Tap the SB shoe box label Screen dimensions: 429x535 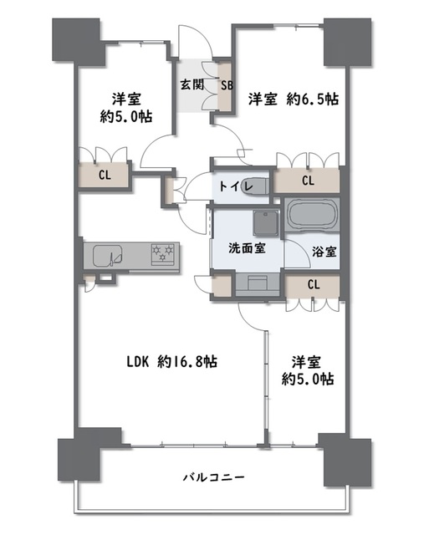click(x=227, y=85)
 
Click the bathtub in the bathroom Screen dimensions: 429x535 click(x=312, y=215)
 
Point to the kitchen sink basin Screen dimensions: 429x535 click(x=108, y=256)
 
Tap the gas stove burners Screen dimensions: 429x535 click(x=163, y=254)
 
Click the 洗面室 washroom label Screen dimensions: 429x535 click(x=247, y=248)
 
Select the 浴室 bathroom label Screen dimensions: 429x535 click(x=324, y=252)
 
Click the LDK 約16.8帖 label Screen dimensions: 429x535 click(x=171, y=362)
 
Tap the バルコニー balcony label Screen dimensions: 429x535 click(x=213, y=476)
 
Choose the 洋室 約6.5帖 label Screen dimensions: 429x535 click(x=294, y=99)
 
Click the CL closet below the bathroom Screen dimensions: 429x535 click(x=314, y=284)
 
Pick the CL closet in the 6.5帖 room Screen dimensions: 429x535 click(x=308, y=181)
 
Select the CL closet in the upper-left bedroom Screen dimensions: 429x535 click(x=105, y=176)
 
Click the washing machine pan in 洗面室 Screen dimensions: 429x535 click(x=266, y=222)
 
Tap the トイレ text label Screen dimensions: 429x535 click(x=236, y=186)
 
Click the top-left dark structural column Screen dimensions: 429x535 click(x=78, y=41)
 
